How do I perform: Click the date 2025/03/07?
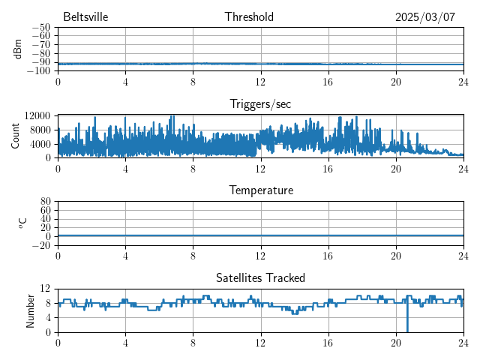(425, 17)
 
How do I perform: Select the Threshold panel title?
(249, 17)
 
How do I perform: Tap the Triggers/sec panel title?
(260, 103)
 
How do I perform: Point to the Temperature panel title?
(261, 190)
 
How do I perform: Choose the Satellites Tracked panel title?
(260, 277)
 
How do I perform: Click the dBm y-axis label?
(17, 49)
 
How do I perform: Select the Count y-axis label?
(16, 136)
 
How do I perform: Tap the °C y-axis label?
(23, 223)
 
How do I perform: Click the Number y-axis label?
(31, 310)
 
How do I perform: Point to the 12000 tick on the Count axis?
(36, 115)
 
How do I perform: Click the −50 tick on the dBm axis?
(40, 28)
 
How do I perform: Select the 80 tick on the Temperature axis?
(45, 202)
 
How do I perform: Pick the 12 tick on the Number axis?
(45, 289)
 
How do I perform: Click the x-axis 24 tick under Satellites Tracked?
(463, 342)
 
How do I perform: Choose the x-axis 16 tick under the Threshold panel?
(328, 81)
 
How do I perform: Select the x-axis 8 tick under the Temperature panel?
(193, 255)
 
